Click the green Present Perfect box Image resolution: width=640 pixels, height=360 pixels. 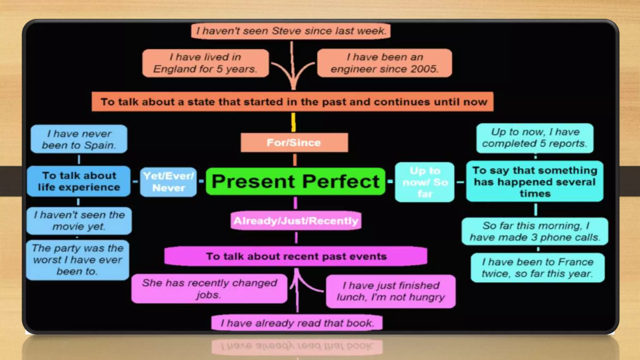click(x=295, y=181)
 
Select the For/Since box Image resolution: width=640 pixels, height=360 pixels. click(x=294, y=142)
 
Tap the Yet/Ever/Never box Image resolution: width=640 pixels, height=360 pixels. click(x=168, y=182)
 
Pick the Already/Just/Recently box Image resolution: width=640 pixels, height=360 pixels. click(x=296, y=221)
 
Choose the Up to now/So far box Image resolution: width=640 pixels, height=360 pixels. click(x=425, y=182)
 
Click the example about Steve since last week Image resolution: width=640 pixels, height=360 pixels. click(x=291, y=31)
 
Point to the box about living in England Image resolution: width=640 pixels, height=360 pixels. click(x=205, y=63)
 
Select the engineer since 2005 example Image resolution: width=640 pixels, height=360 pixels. click(x=384, y=63)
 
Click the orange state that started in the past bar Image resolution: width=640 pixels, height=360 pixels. click(x=292, y=102)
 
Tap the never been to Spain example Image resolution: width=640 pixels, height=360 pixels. click(x=79, y=139)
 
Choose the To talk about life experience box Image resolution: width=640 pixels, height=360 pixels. click(x=79, y=181)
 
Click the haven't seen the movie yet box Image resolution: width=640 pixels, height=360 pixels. click(x=79, y=221)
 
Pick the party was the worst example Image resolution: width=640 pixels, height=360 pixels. click(x=78, y=260)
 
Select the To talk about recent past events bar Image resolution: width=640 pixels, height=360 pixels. click(x=296, y=256)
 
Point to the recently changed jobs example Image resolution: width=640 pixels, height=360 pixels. click(x=209, y=288)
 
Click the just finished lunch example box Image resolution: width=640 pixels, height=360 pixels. click(x=391, y=291)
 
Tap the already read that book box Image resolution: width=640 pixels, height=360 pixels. click(x=297, y=323)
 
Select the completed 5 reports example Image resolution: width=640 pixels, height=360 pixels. click(x=535, y=138)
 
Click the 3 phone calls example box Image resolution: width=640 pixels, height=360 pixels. click(x=535, y=231)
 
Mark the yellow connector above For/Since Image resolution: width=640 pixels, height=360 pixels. click(x=293, y=122)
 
